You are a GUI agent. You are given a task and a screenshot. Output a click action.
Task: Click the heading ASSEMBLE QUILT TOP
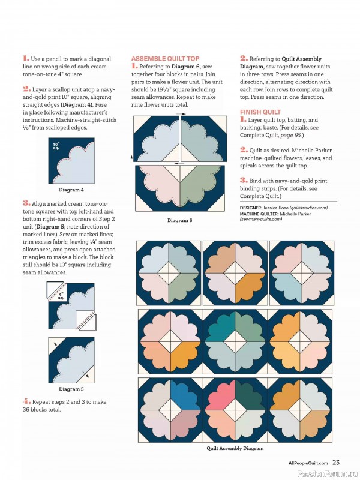[165, 59]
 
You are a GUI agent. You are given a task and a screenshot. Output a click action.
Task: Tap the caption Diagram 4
[71, 190]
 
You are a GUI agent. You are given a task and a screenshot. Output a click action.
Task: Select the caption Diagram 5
[71, 388]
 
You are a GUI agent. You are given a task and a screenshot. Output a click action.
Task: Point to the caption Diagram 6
[179, 221]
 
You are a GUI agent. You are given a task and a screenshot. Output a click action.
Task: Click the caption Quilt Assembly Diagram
[235, 448]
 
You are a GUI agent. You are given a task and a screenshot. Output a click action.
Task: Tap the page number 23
[337, 463]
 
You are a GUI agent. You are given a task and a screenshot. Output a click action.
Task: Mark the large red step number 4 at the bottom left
[26, 400]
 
